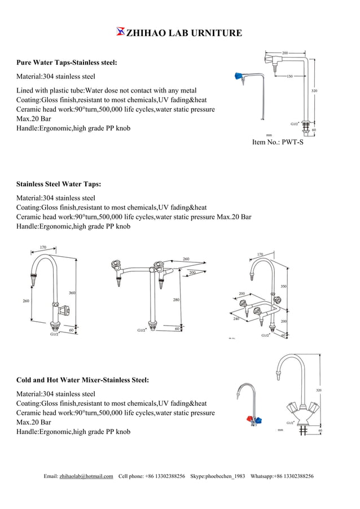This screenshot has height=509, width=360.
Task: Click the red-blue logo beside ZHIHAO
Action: tap(120, 32)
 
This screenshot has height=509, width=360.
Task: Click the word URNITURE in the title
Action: tap(217, 33)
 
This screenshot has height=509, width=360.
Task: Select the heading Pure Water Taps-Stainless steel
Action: tap(67, 62)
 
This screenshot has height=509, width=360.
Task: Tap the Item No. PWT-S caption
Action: tap(278, 142)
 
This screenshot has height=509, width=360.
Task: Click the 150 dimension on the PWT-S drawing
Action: tap(289, 76)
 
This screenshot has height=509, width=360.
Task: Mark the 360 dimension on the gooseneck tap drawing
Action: tap(72, 292)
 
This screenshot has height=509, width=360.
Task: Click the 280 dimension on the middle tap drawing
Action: tap(177, 300)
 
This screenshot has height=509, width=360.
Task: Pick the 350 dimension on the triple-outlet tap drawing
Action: tap(283, 286)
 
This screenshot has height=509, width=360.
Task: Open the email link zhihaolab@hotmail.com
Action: tap(86, 476)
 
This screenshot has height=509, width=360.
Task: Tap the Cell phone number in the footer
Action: tap(163, 476)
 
